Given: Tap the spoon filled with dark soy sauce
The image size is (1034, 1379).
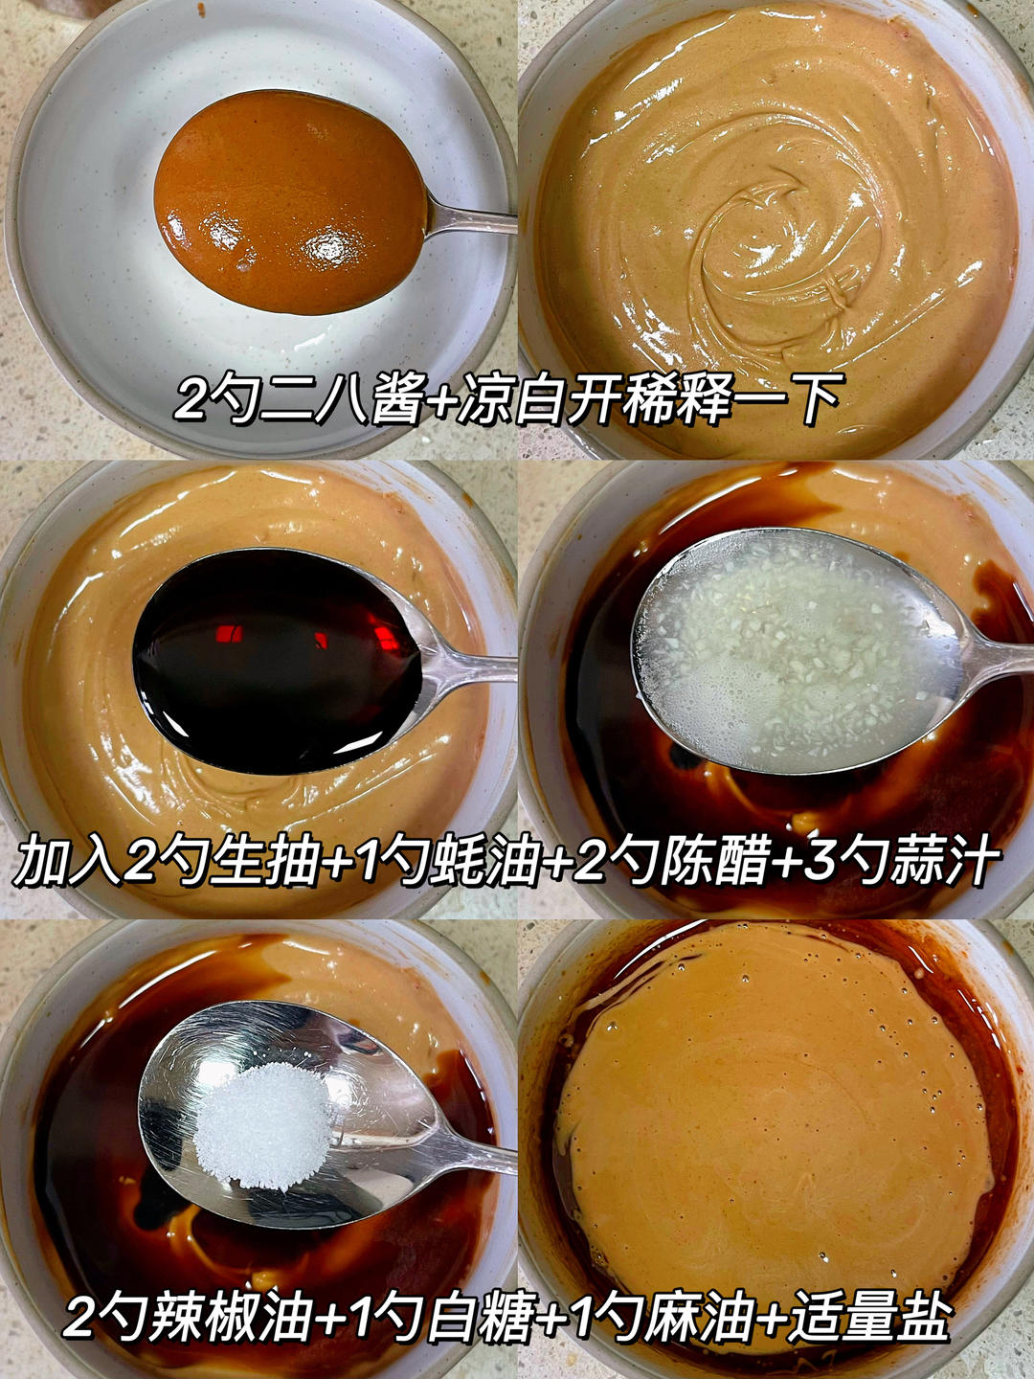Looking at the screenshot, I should click(x=278, y=661).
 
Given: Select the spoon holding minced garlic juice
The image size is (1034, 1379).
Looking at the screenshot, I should click(x=795, y=651).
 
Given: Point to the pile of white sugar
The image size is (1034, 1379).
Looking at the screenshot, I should click(x=264, y=1125).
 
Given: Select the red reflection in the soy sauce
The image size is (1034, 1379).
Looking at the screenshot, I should click(x=230, y=633).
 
